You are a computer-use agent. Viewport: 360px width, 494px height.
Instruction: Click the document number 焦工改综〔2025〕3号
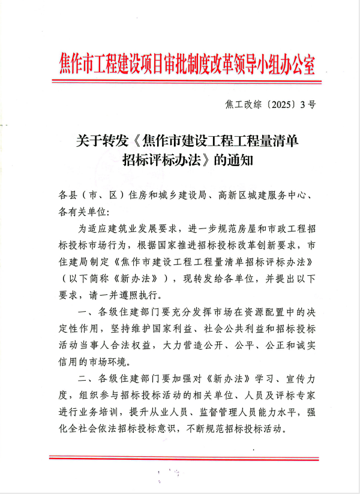pyautogui.click(x=269, y=104)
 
